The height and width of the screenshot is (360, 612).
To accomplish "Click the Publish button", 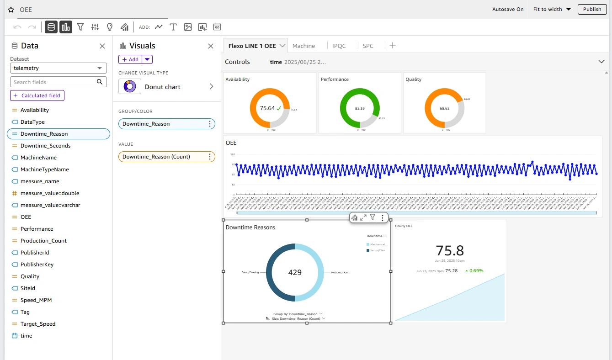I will point(592,9).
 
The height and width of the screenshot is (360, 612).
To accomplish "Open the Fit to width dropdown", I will point(552,9).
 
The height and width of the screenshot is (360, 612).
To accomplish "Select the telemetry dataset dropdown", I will point(58,68).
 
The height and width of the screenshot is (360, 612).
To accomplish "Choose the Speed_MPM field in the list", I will point(36,300).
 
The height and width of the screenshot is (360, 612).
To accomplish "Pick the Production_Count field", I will point(43,241).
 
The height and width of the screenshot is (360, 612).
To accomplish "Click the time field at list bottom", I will point(27,336).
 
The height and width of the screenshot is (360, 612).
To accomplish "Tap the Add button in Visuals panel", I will point(130,59).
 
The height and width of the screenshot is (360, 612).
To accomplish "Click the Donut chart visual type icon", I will point(129,86).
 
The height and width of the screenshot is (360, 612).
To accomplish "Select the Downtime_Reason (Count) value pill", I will point(156,157).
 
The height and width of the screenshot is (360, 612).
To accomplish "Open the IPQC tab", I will point(339,46).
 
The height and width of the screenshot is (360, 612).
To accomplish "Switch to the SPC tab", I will point(367,46).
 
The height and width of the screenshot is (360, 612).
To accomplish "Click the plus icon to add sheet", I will point(392,45).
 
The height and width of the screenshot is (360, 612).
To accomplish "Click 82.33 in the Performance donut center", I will point(360,108).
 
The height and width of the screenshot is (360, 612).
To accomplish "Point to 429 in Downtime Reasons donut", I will point(295,272).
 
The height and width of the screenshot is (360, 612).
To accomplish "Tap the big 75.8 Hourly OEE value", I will point(450,250).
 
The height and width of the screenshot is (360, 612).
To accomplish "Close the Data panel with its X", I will point(102,46).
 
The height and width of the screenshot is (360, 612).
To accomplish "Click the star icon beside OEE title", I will point(11,10).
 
